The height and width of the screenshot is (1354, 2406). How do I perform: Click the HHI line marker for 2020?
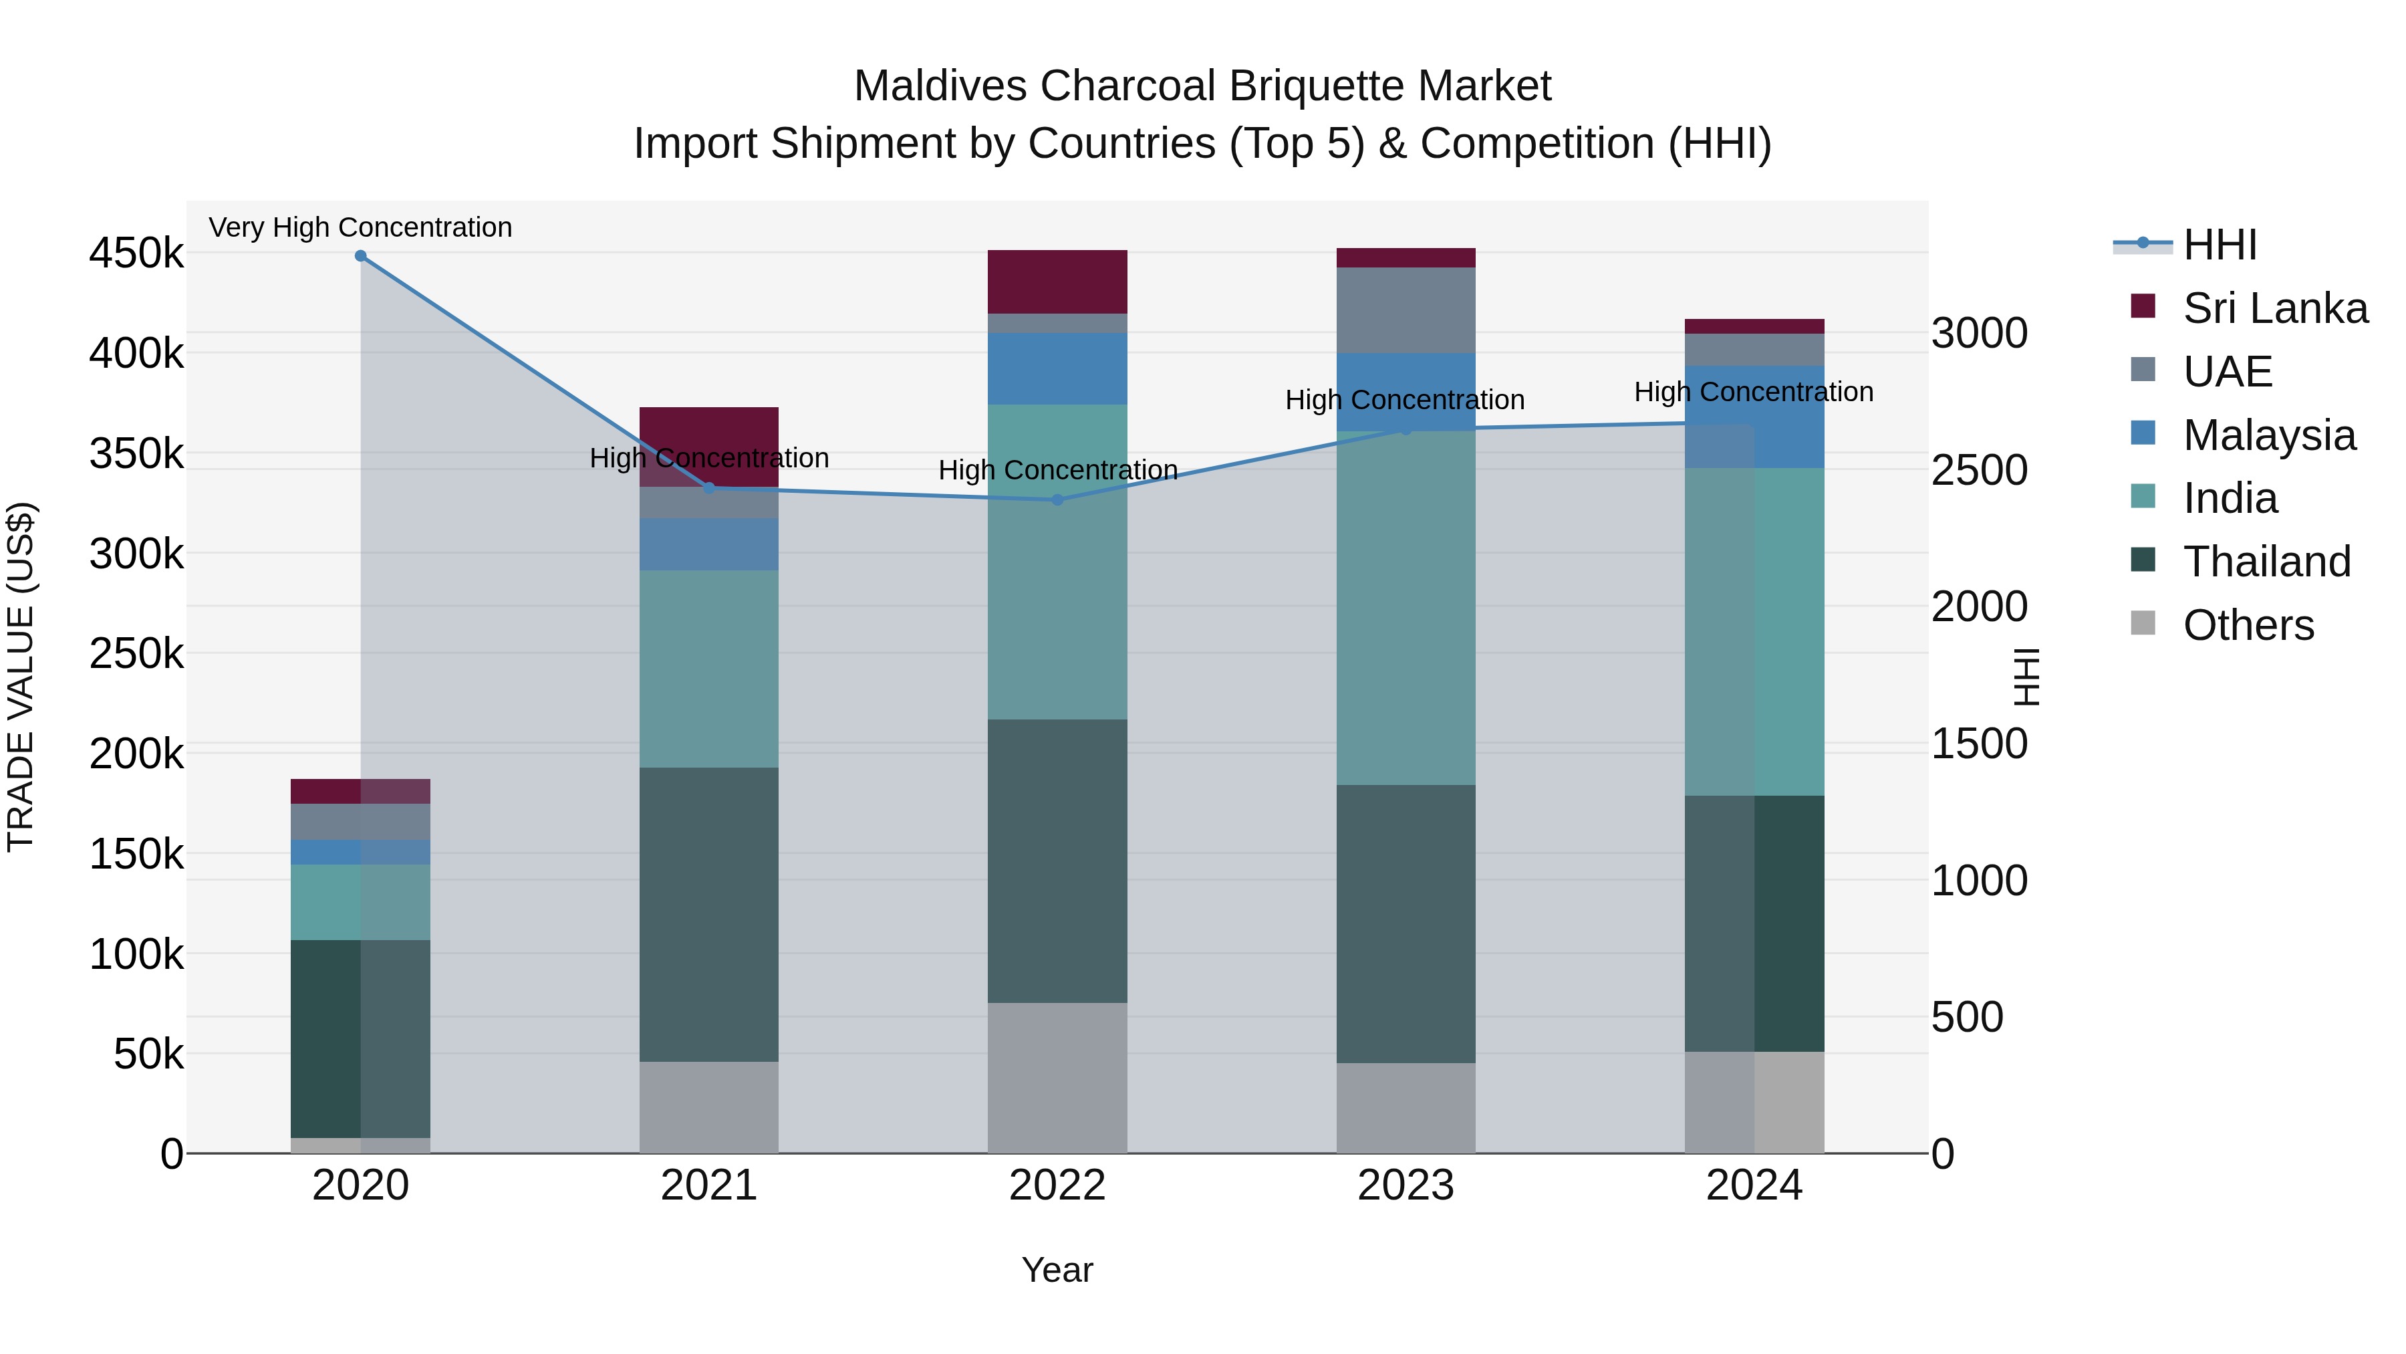tap(360, 256)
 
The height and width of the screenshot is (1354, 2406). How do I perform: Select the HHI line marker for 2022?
tap(1057, 500)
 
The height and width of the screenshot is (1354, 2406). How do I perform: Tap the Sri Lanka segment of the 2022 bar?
tap(1057, 281)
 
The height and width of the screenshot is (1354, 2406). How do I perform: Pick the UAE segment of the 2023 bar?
tap(1406, 310)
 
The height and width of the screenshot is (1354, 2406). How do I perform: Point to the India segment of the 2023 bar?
tap(1406, 607)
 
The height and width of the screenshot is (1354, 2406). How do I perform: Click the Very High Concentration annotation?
tap(360, 227)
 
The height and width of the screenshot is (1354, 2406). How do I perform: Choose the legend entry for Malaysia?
tap(2269, 435)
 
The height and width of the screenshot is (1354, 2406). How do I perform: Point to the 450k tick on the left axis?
tap(136, 253)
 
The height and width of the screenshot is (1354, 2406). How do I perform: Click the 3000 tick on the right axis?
tap(1979, 334)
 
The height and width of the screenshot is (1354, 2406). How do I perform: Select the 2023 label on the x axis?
tap(1406, 1186)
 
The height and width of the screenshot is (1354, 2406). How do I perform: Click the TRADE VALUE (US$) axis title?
tap(21, 677)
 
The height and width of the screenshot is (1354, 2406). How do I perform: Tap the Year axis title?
tap(1057, 1270)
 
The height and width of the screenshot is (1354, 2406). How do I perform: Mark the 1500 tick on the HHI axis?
tap(1979, 744)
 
